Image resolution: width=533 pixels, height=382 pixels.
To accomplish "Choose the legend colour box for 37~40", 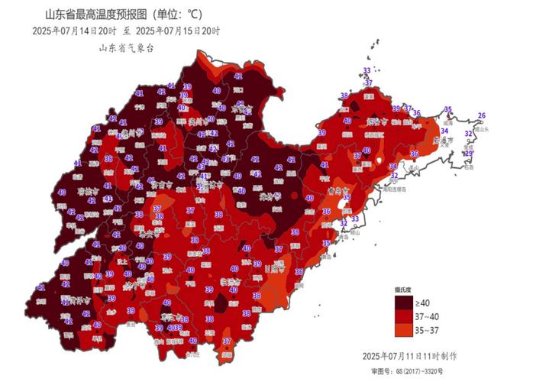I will click(402, 317).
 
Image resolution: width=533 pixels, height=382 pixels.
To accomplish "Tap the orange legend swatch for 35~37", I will click(402, 330).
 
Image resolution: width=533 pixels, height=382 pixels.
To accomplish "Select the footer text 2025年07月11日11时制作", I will click(412, 356).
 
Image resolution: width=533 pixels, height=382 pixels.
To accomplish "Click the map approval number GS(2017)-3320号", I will click(428, 370).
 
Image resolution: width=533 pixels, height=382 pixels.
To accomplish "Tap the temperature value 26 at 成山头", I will click(481, 115).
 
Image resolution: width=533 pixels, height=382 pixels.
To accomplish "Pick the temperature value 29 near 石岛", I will click(469, 154).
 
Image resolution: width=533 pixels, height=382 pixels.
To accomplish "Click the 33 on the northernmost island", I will click(367, 71).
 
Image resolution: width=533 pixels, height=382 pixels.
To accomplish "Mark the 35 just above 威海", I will click(448, 109).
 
